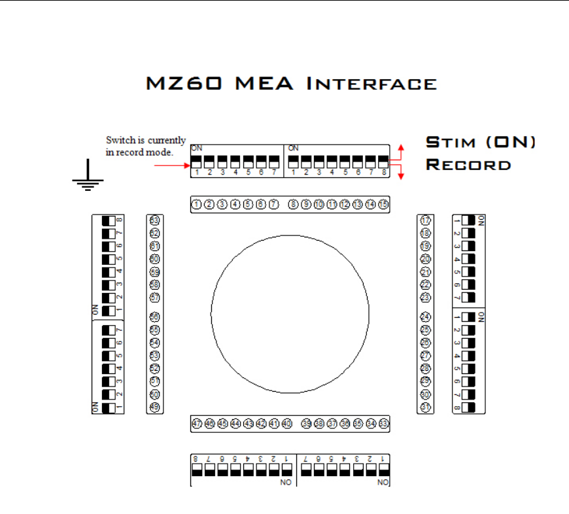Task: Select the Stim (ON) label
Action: [481, 143]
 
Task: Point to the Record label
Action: [468, 164]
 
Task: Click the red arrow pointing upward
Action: [402, 148]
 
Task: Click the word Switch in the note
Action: [118, 140]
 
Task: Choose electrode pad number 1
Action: [196, 205]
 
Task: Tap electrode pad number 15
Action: [383, 205]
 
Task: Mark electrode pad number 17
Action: [426, 220]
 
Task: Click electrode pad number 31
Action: [426, 407]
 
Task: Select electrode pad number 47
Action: [196, 424]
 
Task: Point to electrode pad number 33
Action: [384, 424]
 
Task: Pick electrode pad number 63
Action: [155, 220]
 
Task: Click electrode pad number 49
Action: [155, 407]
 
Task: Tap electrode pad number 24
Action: [426, 317]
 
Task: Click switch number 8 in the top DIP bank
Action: [383, 162]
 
